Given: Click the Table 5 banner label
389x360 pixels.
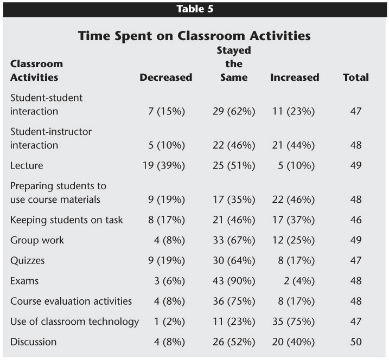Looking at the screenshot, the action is click(195, 9).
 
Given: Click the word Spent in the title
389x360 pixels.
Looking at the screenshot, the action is click(133, 36).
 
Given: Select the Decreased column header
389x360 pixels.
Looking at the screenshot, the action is click(165, 78).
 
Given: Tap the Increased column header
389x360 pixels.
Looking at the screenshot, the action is click(295, 78).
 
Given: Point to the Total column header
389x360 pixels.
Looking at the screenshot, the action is click(356, 78).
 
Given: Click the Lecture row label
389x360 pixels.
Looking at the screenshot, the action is click(27, 165).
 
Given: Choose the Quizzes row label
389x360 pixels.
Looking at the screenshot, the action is click(27, 261).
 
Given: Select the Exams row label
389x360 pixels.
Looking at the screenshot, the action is click(24, 281).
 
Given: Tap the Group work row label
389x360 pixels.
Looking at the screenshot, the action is click(37, 240).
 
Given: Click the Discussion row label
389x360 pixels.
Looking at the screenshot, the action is click(33, 342).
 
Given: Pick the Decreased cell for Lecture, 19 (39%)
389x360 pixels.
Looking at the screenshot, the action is click(164, 165).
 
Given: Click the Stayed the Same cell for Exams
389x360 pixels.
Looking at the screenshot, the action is click(234, 281).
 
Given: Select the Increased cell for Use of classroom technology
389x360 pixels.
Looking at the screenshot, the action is click(293, 322).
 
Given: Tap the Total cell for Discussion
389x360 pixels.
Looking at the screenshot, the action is click(356, 342).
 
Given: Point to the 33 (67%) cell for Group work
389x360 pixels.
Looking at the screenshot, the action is click(234, 240).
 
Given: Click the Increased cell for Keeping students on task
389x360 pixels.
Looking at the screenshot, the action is click(293, 220).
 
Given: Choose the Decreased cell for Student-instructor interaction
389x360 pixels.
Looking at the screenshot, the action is click(167, 145).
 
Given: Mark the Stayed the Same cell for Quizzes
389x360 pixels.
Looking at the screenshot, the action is click(234, 261).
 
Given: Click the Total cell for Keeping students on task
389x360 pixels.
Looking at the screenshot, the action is click(356, 220).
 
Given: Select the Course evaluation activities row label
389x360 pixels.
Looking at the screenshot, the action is click(71, 301).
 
